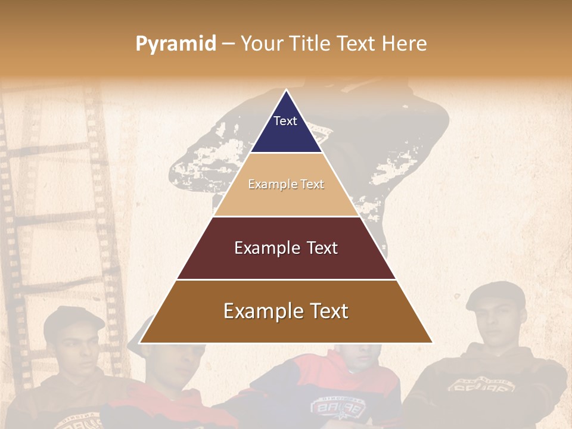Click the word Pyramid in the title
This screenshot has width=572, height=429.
[176, 44]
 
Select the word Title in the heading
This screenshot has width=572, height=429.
[311, 44]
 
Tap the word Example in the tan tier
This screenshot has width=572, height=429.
[270, 185]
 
